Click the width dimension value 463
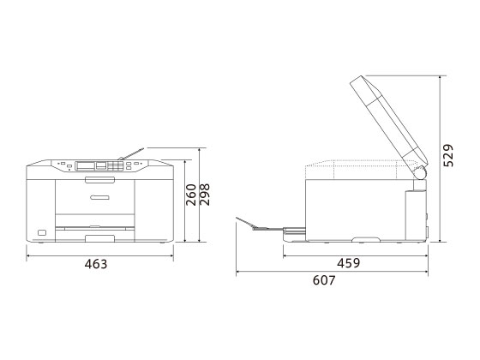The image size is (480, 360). point(96,264)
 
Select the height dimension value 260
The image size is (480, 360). point(191,195)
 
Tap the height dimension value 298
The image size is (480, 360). point(205,195)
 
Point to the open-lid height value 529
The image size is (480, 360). point(448,155)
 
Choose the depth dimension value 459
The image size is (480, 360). point(349,263)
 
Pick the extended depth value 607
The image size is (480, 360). point(324,280)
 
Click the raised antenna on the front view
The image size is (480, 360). point(131,154)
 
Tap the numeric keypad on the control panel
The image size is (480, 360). point(116,166)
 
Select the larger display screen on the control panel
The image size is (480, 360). point(86,165)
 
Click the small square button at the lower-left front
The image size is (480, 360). point(42,232)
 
